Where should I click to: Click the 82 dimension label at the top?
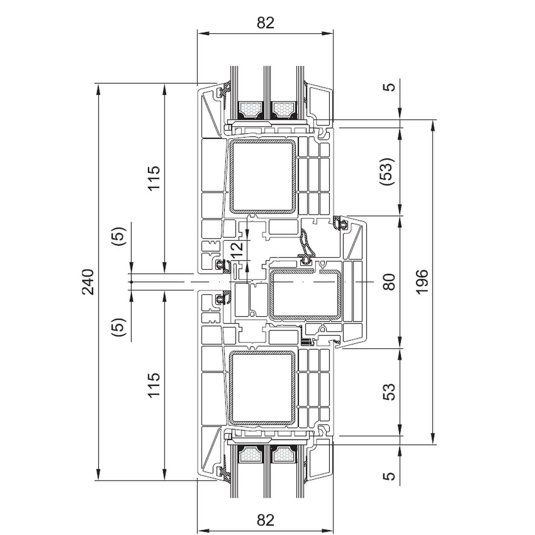(266, 23)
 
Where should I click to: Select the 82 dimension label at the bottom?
(266, 520)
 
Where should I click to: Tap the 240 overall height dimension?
(88, 282)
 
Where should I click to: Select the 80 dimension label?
(390, 282)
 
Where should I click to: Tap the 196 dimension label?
(422, 282)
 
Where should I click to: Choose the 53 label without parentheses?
(390, 391)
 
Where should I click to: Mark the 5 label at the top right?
(390, 87)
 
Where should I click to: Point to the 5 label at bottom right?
(390, 476)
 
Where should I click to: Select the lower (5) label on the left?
(119, 327)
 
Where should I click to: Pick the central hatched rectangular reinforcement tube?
(305, 294)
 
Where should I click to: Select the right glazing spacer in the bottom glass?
(284, 454)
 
